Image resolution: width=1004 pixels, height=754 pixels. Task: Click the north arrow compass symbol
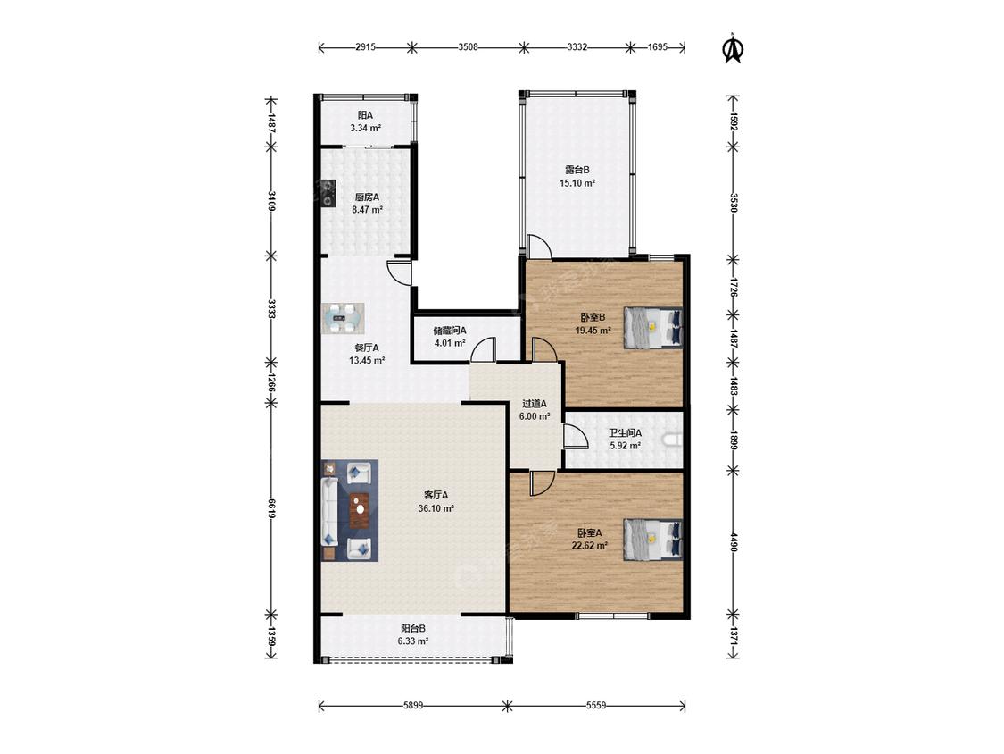click(x=734, y=49)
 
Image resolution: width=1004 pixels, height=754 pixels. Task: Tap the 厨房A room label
click(x=367, y=197)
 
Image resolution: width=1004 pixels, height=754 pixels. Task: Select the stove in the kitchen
click(x=328, y=193)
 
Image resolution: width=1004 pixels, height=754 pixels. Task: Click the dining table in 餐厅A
click(x=343, y=319)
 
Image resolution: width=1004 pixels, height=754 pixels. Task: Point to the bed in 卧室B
click(x=653, y=327)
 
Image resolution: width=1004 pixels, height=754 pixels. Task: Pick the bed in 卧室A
click(x=653, y=540)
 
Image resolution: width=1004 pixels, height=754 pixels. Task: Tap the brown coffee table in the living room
click(x=361, y=510)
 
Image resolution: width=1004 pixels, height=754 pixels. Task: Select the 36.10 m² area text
click(x=436, y=508)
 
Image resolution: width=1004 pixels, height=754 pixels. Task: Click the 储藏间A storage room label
click(x=450, y=331)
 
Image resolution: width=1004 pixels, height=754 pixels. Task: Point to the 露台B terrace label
click(x=577, y=170)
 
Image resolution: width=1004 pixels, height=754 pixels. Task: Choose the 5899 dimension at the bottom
click(x=413, y=705)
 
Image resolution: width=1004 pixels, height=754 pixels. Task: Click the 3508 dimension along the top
click(x=468, y=46)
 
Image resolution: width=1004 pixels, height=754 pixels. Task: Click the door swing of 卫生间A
click(x=576, y=436)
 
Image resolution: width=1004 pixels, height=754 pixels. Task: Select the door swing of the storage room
click(x=484, y=349)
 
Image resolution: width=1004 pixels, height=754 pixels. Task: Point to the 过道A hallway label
click(x=534, y=404)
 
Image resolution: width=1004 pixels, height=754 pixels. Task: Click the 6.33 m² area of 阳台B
click(x=413, y=641)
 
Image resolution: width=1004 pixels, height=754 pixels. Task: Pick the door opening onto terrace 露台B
click(x=538, y=247)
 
